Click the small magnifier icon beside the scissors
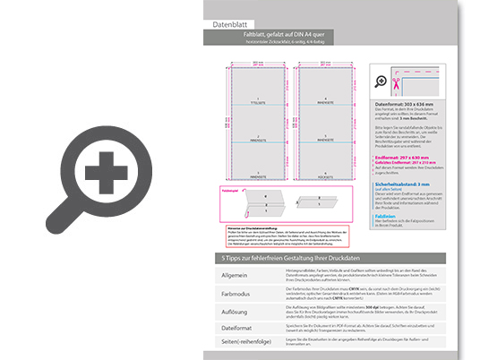[x=382, y=82]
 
